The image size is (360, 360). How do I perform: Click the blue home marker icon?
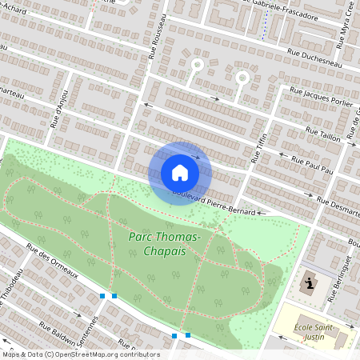click(x=180, y=173)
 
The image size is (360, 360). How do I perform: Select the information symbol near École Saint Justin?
click(x=309, y=283)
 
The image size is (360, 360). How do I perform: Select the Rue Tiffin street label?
click(x=258, y=146)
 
